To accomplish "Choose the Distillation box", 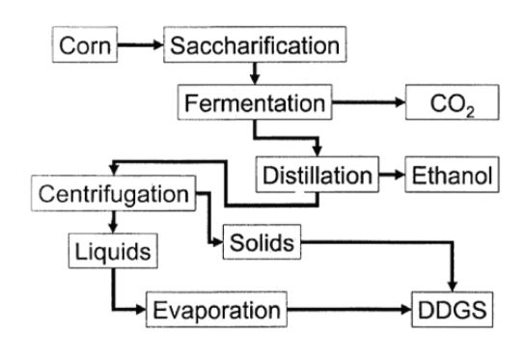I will (316, 176).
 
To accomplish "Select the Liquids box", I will (113, 253).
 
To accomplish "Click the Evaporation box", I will (218, 311).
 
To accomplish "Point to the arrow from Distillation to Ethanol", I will (387, 176).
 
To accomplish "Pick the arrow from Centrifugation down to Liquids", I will (113, 221).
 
